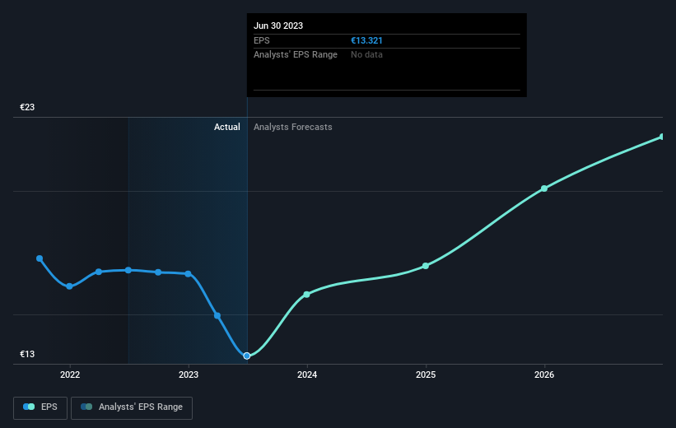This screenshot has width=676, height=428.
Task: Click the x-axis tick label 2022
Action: coord(69,375)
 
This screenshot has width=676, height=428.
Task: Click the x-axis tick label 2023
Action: coord(189,375)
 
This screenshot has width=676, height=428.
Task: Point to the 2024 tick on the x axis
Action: coord(307,375)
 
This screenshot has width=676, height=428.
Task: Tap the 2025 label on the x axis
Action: coord(426,375)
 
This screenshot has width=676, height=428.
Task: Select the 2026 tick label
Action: coord(544,375)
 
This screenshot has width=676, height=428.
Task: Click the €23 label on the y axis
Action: coord(27,107)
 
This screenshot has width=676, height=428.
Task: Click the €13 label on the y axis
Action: coord(27,354)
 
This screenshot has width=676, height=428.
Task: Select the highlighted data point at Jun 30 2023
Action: coord(247,356)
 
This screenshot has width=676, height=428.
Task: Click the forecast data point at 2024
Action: coord(307,294)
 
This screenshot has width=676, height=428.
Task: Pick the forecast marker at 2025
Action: coord(426,266)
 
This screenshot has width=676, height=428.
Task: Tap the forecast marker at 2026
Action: coord(544,188)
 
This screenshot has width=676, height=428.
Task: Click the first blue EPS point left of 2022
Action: coord(40,258)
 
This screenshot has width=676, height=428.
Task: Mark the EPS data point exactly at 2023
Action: coord(189,274)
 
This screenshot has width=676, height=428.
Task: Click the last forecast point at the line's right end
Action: coord(661,137)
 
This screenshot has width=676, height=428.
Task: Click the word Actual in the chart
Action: coord(226,127)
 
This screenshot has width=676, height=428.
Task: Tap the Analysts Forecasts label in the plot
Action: coord(293,127)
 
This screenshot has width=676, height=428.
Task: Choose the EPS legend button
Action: coord(40,407)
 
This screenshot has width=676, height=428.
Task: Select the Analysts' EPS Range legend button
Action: coord(132,407)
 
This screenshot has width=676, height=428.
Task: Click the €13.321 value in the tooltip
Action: coord(367,40)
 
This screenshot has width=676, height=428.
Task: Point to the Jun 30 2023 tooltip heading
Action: coord(278,26)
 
